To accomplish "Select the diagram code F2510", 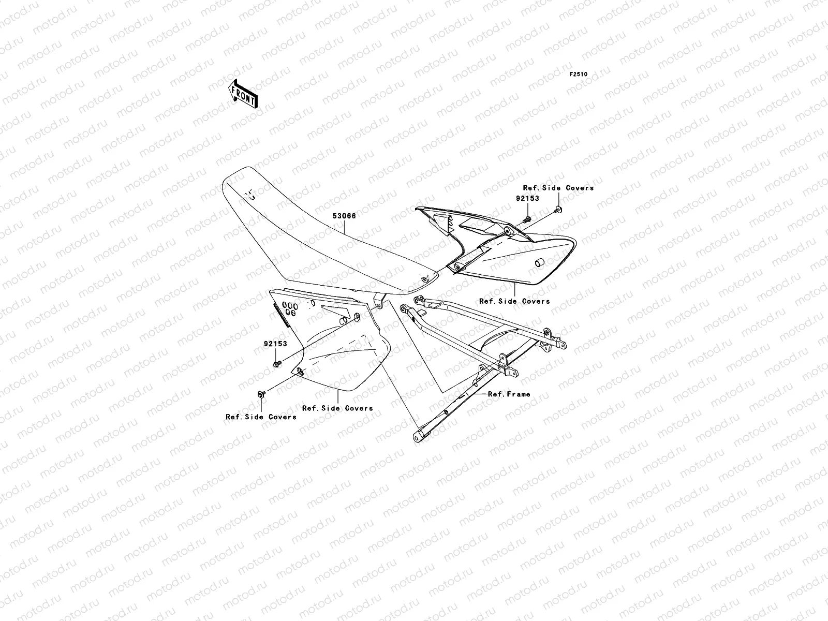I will point(579,75).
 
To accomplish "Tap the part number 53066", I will point(344,216).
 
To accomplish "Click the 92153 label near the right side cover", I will point(527,198).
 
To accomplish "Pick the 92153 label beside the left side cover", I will point(275,344).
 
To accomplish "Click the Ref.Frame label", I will point(509,394).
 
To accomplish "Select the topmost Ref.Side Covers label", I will point(558,188).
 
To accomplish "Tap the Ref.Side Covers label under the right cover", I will point(514,301).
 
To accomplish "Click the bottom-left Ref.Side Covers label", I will point(261,417).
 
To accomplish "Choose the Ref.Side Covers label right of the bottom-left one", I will point(337,408).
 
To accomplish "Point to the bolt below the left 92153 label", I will point(276,365).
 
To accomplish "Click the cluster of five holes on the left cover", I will point(289,308).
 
